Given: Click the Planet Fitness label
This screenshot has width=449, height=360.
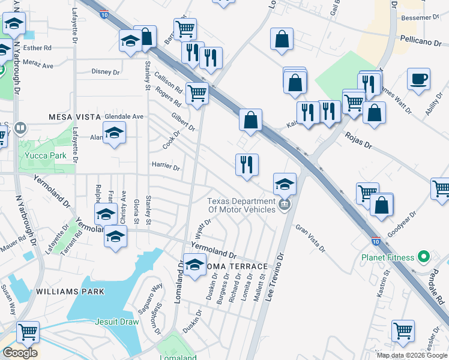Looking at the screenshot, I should (x=387, y=257).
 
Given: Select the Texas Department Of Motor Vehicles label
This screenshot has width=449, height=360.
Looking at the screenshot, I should (x=241, y=205).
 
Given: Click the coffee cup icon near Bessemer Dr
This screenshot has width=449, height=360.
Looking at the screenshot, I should (x=418, y=79).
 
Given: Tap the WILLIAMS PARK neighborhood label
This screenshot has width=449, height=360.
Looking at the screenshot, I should (x=70, y=292).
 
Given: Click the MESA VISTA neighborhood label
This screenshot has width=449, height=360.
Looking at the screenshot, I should (x=72, y=116).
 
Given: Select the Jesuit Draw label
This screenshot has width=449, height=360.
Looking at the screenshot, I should (x=117, y=322).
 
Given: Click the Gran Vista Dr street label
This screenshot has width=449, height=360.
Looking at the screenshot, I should (x=311, y=238).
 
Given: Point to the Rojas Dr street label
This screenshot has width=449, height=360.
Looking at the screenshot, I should (x=360, y=141).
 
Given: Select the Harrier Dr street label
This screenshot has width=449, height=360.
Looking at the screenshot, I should (x=166, y=166).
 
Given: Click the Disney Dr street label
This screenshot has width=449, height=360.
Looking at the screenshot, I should (x=106, y=72).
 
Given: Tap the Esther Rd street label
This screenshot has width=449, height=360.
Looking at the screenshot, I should (x=37, y=47).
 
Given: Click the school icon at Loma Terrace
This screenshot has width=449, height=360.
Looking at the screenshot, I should (x=194, y=265).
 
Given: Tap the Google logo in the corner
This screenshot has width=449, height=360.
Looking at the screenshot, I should (x=20, y=353).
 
